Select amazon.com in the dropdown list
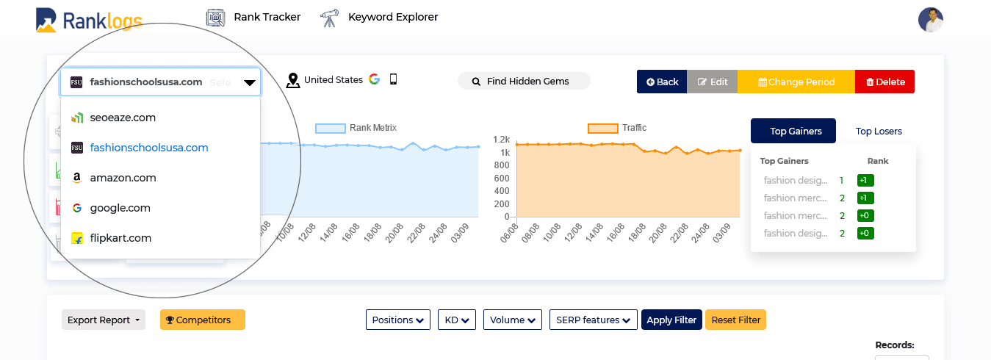point(123,178)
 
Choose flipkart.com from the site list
point(120,238)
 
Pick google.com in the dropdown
point(120,208)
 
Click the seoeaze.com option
point(123,118)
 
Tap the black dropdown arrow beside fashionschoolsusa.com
point(250,82)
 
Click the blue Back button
point(662,82)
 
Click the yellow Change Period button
point(796,82)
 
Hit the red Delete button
point(884,82)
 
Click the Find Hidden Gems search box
point(524,82)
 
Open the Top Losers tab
point(879,132)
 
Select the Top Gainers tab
point(793,131)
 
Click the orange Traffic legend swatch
point(602,129)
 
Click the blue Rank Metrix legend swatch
point(330,129)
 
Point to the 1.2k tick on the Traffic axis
point(501,140)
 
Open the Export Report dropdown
point(103,320)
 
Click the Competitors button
point(203,320)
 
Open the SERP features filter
point(594,320)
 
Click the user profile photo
point(930,19)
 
